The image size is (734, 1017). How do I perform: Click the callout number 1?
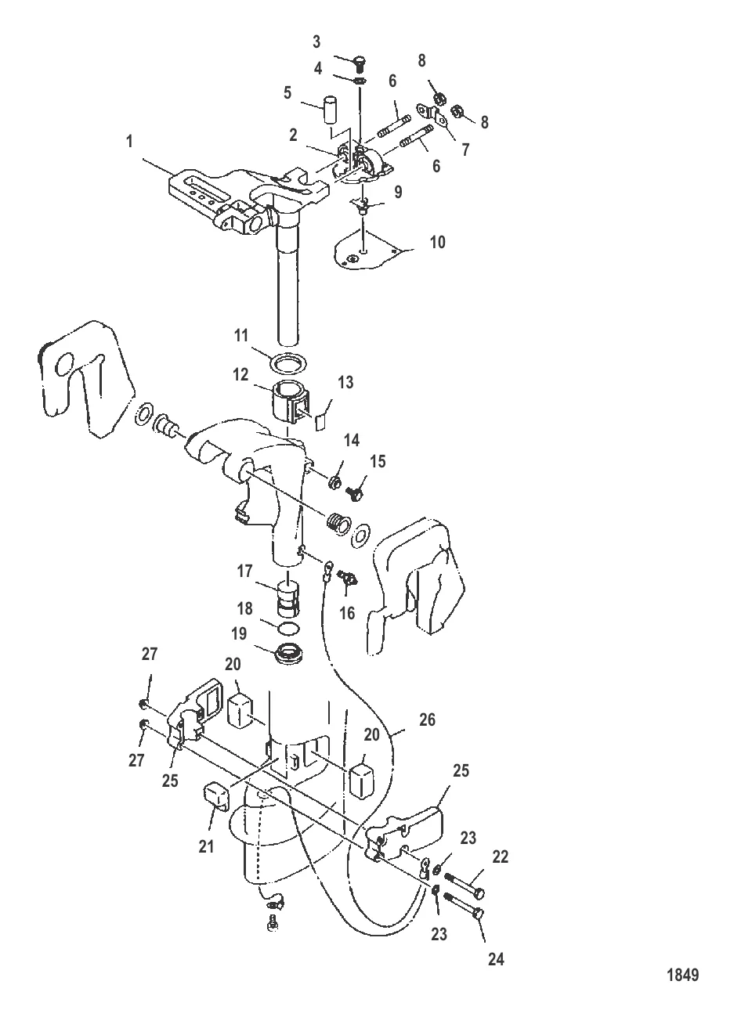(129, 142)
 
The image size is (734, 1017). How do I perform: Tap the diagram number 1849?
(682, 975)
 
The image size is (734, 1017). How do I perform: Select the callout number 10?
(437, 242)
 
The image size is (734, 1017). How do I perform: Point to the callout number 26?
(427, 719)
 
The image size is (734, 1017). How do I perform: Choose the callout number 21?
(206, 846)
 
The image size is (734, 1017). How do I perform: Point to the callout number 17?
(245, 570)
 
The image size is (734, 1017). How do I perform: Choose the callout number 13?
(345, 382)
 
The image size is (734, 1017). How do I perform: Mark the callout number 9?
(399, 192)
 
